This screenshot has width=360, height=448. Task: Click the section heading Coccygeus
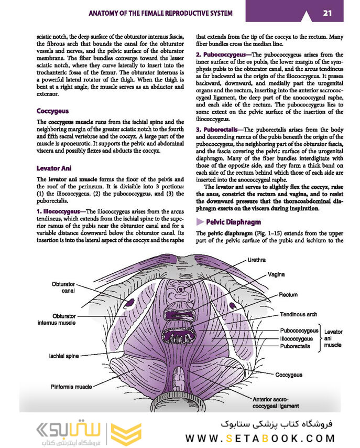tap(53, 111)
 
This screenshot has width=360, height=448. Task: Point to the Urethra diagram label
tap(256, 260)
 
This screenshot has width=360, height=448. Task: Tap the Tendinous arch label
tap(298, 315)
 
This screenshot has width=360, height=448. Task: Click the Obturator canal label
tap(63, 287)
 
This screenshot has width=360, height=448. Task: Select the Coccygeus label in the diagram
tap(289, 375)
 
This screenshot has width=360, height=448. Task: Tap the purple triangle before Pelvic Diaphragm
tap(199, 222)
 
